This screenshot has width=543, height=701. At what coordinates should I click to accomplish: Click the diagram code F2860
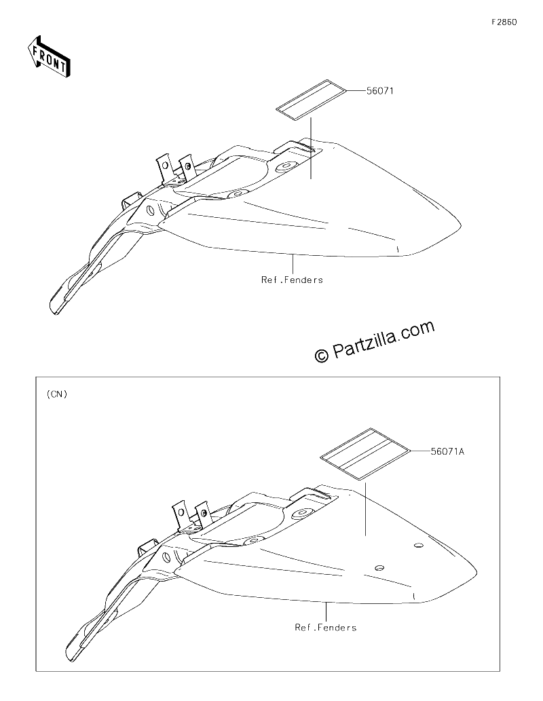[504, 22]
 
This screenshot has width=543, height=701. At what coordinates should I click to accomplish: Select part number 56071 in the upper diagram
[379, 91]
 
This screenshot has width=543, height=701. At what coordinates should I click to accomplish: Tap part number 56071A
[447, 451]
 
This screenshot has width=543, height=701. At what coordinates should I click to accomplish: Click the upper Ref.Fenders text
[292, 280]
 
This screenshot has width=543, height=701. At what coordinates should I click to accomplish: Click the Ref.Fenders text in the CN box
[326, 628]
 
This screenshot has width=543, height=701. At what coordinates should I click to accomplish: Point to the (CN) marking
[57, 394]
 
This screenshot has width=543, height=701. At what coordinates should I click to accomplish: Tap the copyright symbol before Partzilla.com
[321, 356]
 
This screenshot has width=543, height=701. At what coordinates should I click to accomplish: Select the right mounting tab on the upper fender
[187, 166]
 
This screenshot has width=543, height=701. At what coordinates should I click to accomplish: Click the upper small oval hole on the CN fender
[419, 546]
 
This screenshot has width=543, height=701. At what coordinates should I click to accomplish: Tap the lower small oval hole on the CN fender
[379, 567]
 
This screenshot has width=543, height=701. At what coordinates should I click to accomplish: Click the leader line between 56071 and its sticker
[356, 91]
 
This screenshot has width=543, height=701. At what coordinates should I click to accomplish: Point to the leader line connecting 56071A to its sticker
[420, 451]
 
